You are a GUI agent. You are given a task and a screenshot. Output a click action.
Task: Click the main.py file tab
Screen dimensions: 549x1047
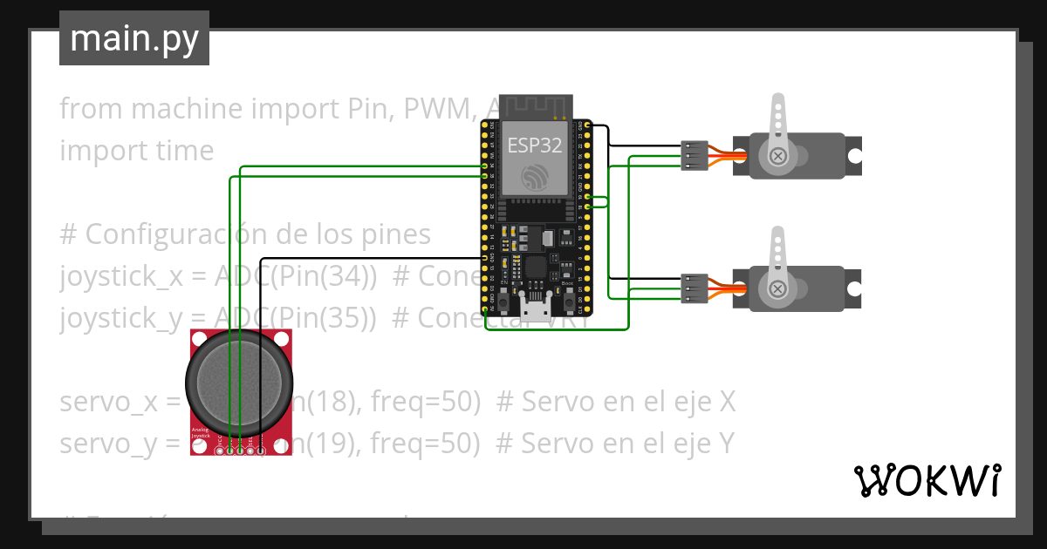133,38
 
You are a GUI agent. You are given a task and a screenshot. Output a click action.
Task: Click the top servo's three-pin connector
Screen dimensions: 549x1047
693,155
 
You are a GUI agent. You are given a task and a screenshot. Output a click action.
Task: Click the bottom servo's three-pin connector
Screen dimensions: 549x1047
693,288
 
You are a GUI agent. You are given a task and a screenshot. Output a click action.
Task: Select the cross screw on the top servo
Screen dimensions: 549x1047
777,156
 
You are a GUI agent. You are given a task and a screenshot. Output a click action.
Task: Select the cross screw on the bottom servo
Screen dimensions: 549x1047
777,289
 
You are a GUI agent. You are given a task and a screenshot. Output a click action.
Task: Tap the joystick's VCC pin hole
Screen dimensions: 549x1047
219,450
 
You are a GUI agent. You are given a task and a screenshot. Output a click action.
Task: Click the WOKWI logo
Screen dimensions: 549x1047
926,480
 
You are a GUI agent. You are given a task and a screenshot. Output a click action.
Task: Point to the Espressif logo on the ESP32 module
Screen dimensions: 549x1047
534,177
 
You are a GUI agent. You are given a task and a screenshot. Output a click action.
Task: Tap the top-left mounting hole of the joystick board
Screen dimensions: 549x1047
200,338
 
